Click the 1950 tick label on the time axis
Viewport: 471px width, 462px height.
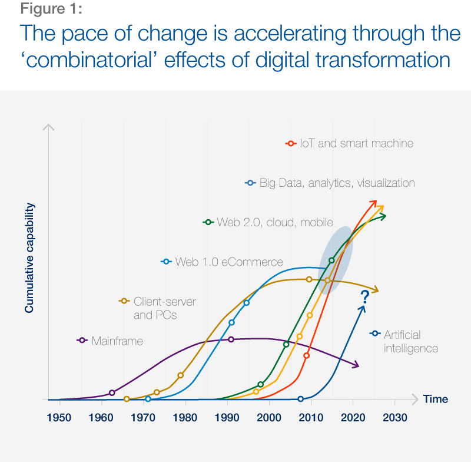(59, 418)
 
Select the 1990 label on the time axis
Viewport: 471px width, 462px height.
(227, 418)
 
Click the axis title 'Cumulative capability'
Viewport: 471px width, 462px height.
(30, 258)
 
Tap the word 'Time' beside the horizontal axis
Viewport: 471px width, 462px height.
(436, 400)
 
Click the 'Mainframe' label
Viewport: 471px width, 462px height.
(117, 341)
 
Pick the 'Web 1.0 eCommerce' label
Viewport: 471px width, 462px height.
(229, 262)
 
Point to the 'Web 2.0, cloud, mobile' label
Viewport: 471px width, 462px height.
(275, 222)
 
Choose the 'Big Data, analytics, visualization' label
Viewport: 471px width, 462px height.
(337, 183)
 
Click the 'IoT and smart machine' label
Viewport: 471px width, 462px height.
(356, 143)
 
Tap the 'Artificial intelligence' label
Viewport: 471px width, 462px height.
(411, 341)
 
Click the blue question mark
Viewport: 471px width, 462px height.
(364, 296)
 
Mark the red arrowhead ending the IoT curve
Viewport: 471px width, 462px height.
(373, 203)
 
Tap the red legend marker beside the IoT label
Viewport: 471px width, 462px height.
(290, 143)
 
